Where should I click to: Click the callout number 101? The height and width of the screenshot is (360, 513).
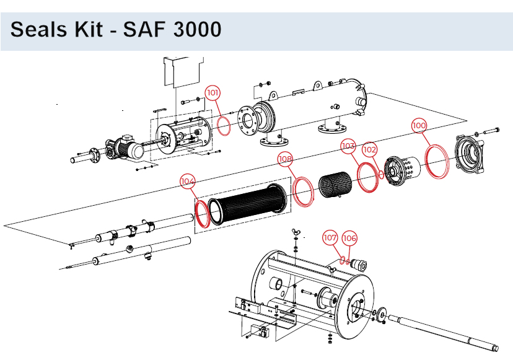(213, 93)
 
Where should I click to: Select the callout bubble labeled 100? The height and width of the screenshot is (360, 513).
(419, 125)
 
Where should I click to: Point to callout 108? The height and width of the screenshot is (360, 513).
(285, 159)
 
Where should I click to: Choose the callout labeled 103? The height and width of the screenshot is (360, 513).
(348, 146)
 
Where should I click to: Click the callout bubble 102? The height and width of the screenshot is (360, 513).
(369, 149)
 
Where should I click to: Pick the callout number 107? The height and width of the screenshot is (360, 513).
(330, 237)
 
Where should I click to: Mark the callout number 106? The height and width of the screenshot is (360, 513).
(349, 237)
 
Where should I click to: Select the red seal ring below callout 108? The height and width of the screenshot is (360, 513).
(304, 192)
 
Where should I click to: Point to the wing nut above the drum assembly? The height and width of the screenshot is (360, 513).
(296, 234)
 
